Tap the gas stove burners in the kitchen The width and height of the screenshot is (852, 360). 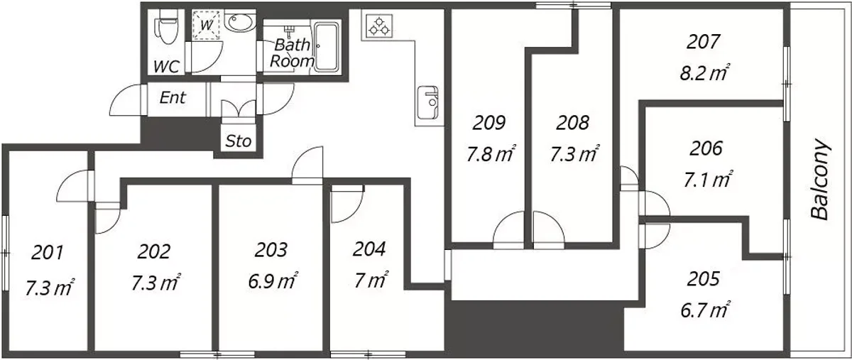click(379, 26)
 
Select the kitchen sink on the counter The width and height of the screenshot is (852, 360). click(427, 103)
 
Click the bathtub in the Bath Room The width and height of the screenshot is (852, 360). click(327, 47)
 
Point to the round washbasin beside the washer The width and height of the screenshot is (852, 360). click(240, 22)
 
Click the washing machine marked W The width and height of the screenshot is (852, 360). click(206, 25)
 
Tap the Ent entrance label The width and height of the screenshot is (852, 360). click(173, 98)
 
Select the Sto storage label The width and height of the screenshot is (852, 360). click(239, 141)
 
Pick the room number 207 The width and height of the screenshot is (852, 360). click(704, 42)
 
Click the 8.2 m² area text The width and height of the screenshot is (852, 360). click(704, 73)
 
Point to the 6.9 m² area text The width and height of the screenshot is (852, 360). click(273, 282)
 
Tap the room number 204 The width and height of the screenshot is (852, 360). click(369, 249)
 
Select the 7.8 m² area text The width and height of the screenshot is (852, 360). click(491, 154)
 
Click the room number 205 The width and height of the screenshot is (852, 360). click(704, 279)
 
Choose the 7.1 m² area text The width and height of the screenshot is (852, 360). click(707, 180)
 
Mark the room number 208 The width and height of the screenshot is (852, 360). click(572, 123)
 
